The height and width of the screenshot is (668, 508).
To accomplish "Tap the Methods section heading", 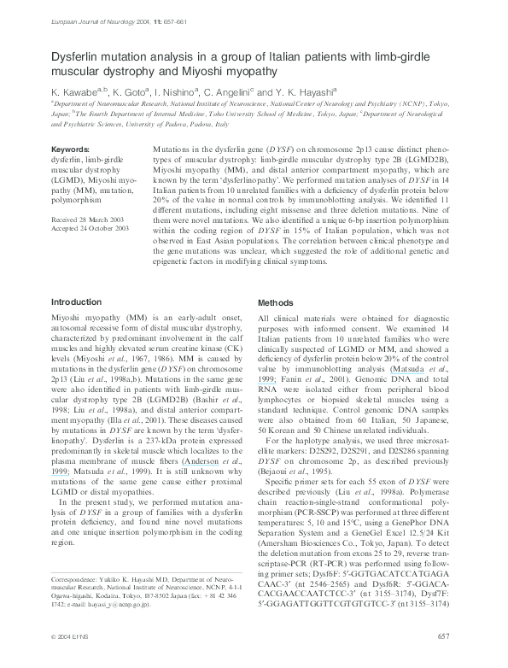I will (x=277, y=302).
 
